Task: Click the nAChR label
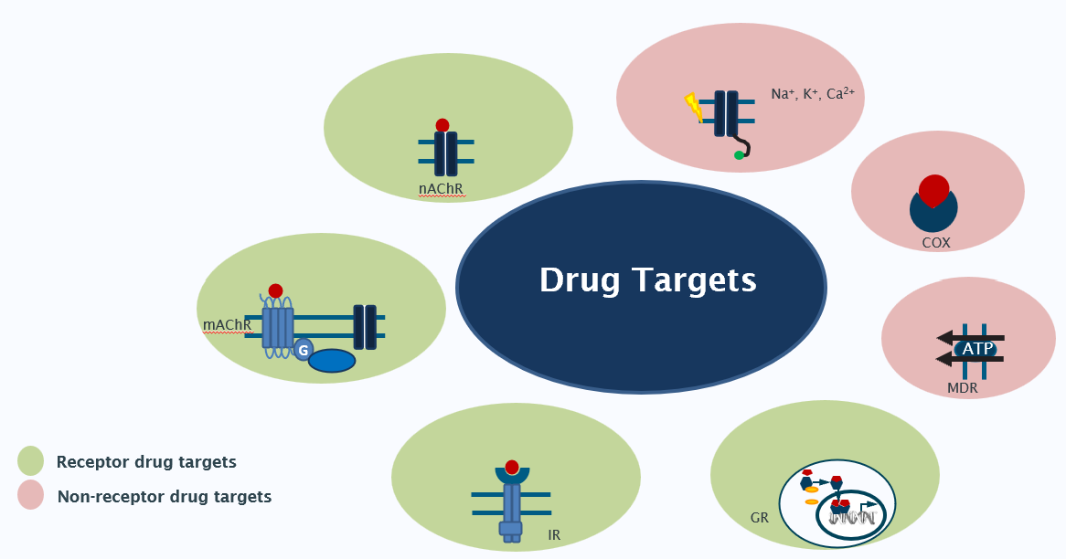442,189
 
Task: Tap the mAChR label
227,324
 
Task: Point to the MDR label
963,388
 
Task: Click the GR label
759,518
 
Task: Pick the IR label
554,535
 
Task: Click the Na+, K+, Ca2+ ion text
812,93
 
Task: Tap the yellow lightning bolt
695,108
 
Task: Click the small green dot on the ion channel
739,155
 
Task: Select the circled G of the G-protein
304,350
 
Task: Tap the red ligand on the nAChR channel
442,125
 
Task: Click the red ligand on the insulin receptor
512,467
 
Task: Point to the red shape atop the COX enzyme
933,189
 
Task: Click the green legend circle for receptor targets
31,461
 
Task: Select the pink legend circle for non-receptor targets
31,496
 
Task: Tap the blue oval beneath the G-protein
331,361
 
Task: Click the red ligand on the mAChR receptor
275,290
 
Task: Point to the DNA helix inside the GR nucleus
852,518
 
